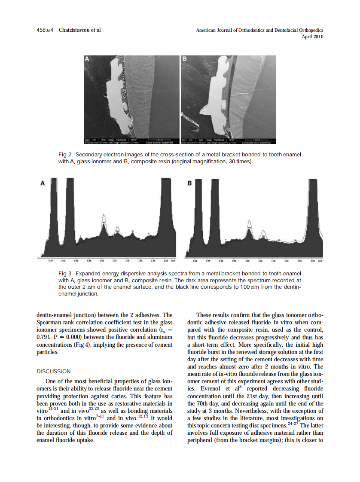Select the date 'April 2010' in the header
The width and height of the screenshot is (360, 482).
tap(313, 37)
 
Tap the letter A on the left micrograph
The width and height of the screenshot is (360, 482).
tap(87, 59)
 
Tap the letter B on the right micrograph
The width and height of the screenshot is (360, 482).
tap(185, 59)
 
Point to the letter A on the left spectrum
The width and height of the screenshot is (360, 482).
tap(42, 183)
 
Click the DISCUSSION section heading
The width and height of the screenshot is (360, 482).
tap(54, 371)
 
